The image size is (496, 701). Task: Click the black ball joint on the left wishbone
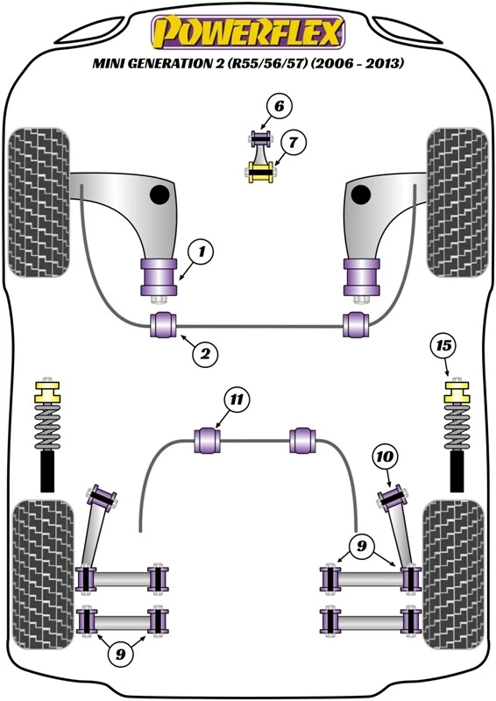pyautogui.click(x=159, y=194)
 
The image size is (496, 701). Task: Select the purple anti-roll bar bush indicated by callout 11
pyautogui.click(x=209, y=438)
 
